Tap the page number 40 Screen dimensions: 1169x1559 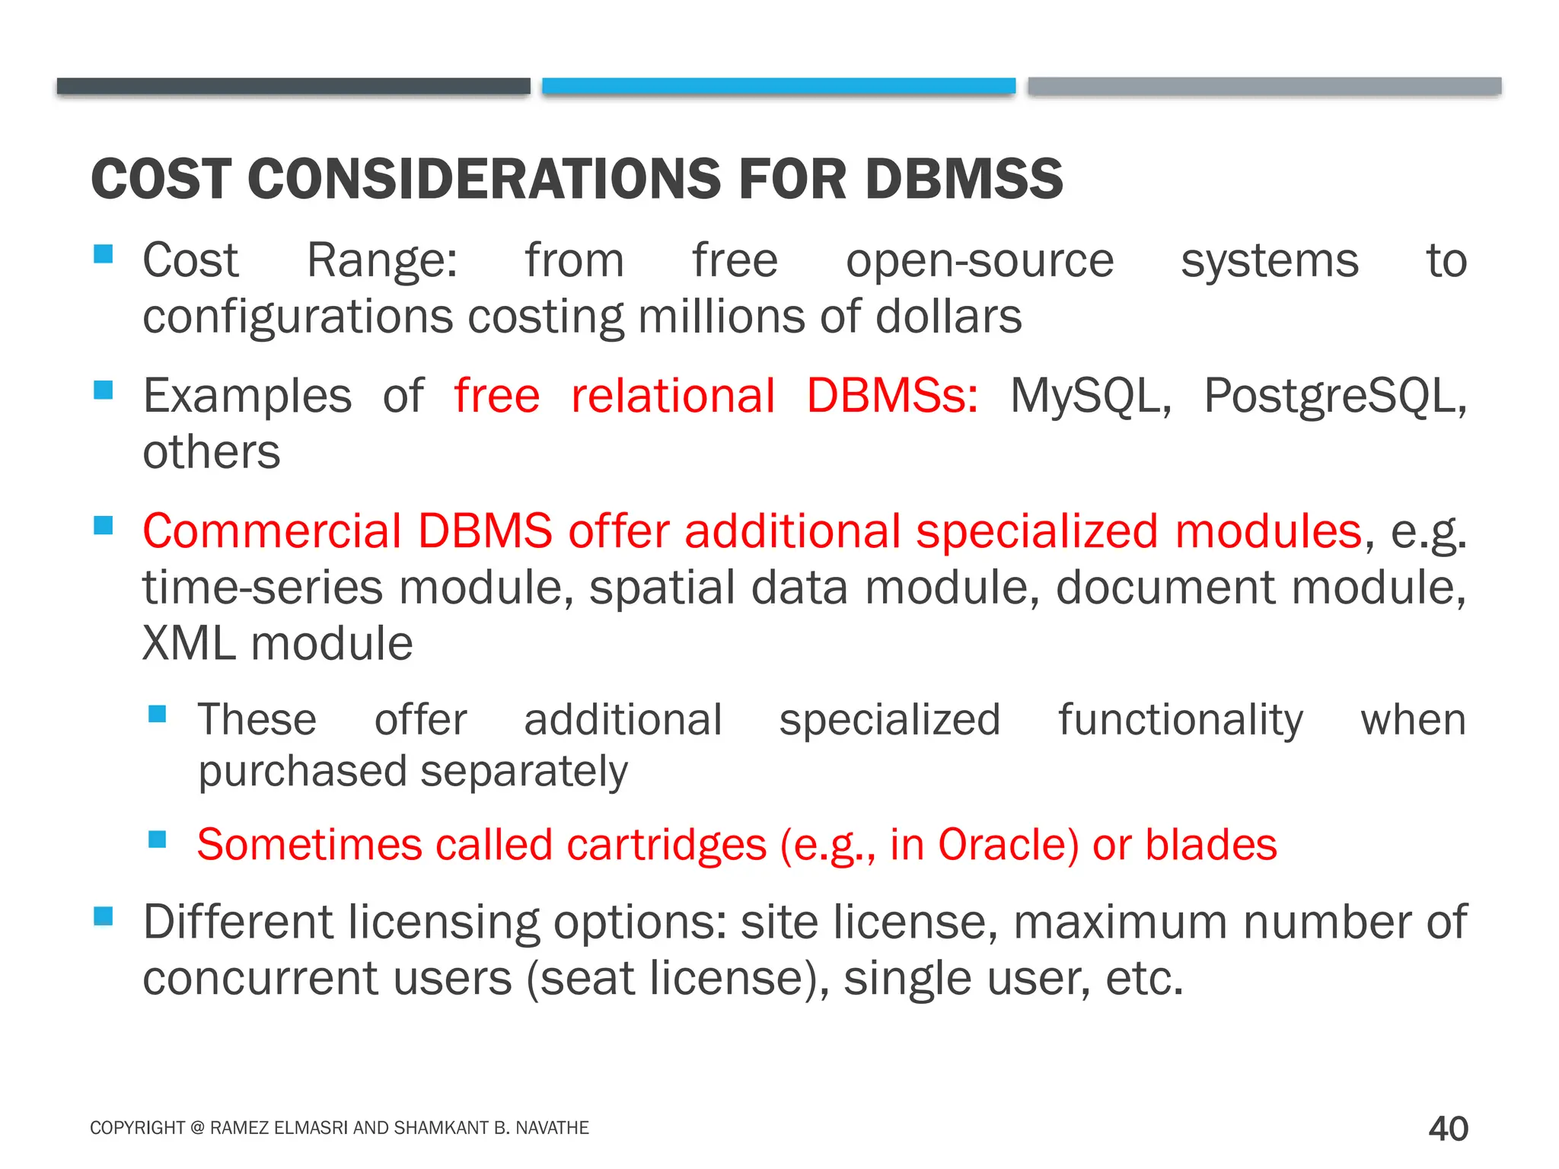[1448, 1129]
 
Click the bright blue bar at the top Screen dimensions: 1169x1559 [779, 85]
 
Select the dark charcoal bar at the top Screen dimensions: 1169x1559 [293, 85]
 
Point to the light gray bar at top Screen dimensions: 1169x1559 [1264, 85]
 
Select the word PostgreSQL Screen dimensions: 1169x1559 [1334, 397]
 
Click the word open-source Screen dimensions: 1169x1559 [979, 262]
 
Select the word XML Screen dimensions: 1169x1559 [189, 644]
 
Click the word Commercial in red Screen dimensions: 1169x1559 [272, 531]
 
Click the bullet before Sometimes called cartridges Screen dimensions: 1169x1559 [158, 839]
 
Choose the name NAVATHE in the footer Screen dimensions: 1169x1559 [552, 1128]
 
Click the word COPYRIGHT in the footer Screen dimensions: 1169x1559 [137, 1128]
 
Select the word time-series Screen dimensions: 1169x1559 [262, 588]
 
